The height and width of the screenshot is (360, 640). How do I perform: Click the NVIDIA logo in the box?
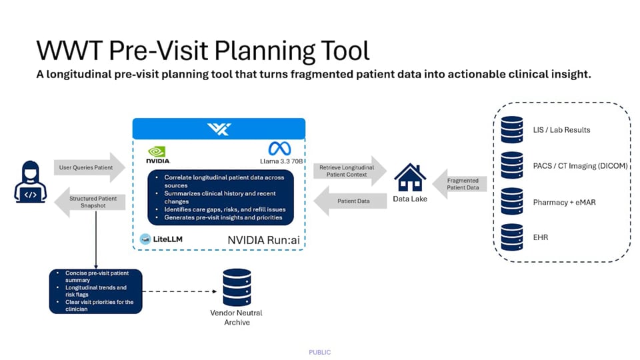[x=158, y=155]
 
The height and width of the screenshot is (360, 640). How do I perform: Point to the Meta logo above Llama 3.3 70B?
[x=276, y=148]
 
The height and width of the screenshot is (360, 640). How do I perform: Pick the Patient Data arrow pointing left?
[x=351, y=201]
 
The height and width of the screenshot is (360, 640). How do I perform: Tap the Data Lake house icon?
[x=410, y=177]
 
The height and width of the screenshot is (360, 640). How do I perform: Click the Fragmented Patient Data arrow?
[x=462, y=184]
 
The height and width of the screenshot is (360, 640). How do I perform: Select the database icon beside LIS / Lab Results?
[x=512, y=129]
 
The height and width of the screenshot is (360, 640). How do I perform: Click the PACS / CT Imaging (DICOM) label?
[x=580, y=166]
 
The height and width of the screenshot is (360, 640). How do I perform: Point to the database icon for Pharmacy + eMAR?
[x=512, y=201]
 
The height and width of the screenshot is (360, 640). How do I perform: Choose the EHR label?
[x=540, y=237]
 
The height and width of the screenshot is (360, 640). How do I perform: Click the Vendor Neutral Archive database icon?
[x=237, y=287]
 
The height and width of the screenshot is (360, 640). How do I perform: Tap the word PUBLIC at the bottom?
[x=320, y=352]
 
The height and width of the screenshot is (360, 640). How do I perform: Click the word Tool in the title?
[x=337, y=51]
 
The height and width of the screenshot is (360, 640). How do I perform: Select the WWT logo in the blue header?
[x=219, y=129]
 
